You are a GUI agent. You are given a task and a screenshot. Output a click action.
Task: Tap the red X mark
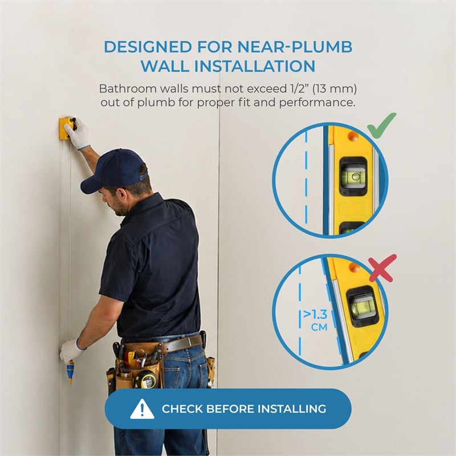382,268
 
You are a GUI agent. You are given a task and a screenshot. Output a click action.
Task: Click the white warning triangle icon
142,409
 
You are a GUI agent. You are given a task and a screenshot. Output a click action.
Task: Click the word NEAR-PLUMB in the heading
295,47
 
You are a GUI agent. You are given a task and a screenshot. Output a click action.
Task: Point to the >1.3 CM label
316,320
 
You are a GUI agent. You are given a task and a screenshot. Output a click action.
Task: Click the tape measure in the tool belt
145,379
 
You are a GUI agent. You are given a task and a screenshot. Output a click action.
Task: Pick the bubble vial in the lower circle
362,306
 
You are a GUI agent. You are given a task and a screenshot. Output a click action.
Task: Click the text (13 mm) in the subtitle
335,89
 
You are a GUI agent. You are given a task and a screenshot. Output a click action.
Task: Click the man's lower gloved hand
70,351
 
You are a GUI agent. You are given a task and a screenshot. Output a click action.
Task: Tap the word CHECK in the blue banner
182,409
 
